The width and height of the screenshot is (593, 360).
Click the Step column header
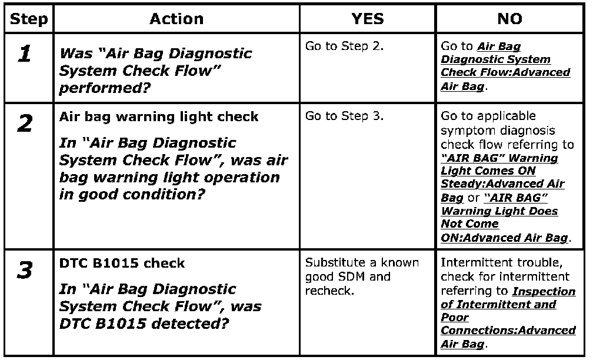[29, 19]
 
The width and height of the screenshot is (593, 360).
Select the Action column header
[176, 19]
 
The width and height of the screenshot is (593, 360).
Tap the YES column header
[367, 19]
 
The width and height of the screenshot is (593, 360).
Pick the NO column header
[509, 19]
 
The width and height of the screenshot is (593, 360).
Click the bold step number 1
[25, 54]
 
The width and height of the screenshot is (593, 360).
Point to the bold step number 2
[25, 124]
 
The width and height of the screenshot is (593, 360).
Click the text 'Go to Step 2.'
[344, 46]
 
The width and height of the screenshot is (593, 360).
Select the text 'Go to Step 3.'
[344, 116]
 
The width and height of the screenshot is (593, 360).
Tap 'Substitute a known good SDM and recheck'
[362, 276]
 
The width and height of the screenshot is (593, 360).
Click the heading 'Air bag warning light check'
[159, 116]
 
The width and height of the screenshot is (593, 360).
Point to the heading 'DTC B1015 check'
[122, 264]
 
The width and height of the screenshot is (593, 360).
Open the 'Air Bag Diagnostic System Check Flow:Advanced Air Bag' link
[505, 66]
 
